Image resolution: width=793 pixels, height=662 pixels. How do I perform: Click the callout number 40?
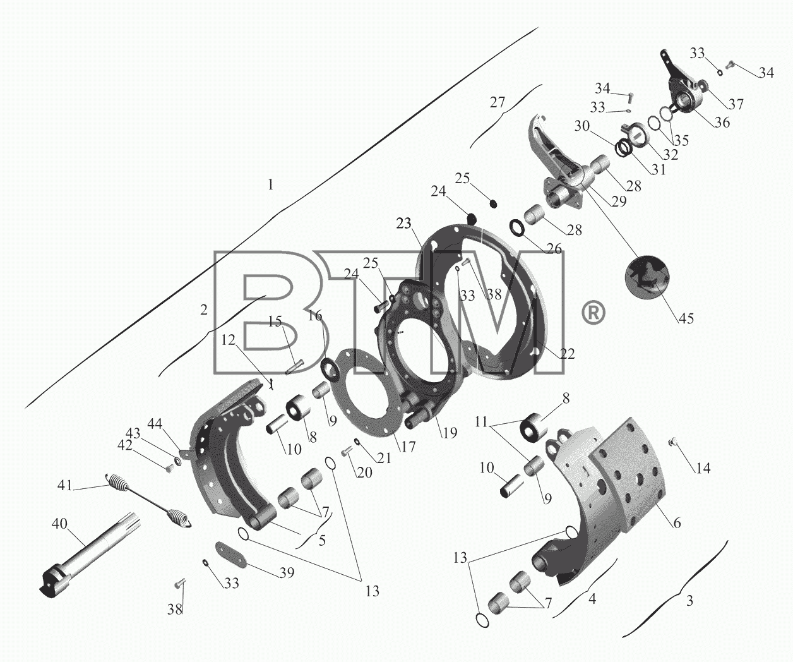[x=59, y=524]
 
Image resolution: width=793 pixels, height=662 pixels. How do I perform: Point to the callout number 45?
[x=686, y=318]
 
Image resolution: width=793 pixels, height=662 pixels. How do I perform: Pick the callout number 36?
[x=722, y=122]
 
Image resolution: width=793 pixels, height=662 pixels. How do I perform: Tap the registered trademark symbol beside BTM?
[x=593, y=313]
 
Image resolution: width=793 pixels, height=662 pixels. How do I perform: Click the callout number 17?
[x=408, y=447]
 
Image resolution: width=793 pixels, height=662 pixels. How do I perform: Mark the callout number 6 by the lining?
[x=676, y=523]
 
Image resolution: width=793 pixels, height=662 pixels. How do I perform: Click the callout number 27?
[x=497, y=102]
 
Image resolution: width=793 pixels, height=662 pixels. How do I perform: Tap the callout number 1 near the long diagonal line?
[x=270, y=185]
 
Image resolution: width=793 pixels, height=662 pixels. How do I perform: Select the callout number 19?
[x=450, y=433]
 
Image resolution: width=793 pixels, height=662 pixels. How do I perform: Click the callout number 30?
[x=582, y=126]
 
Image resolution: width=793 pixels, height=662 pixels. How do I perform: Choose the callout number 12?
[x=229, y=340]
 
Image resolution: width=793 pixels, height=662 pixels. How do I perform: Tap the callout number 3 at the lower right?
[x=689, y=601]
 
